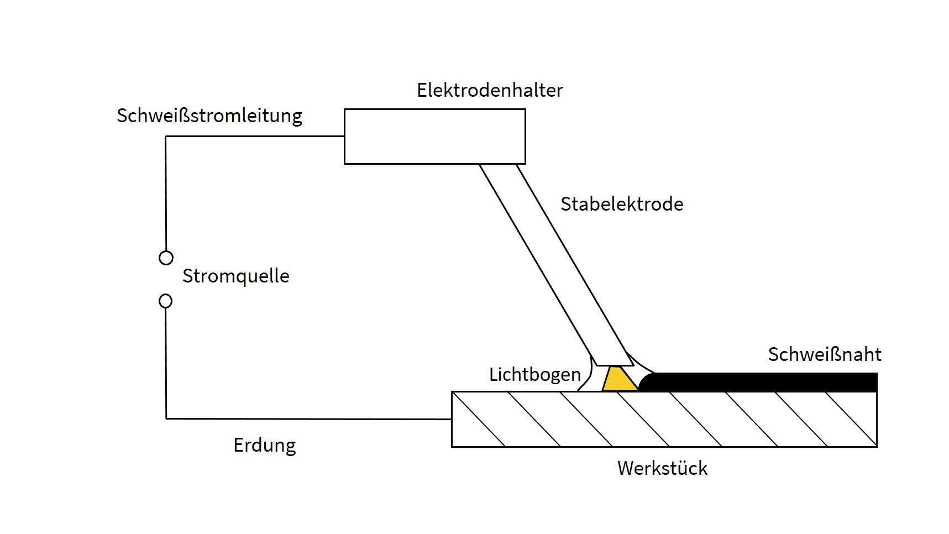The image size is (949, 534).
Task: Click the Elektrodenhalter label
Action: (490, 90)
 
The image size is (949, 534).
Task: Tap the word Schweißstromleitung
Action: (209, 116)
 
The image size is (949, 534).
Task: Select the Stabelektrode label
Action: (622, 204)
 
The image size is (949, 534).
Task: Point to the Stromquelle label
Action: (236, 276)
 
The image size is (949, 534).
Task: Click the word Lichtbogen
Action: (535, 375)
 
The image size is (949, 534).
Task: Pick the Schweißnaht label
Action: (825, 354)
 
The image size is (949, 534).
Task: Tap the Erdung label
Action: (265, 446)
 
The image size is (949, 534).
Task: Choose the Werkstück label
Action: (662, 468)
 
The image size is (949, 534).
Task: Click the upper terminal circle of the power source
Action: (166, 258)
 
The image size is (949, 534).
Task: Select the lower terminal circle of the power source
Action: (165, 301)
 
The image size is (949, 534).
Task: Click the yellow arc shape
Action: (620, 379)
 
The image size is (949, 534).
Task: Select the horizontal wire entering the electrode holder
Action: (255, 137)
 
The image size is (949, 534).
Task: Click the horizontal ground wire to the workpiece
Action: (308, 419)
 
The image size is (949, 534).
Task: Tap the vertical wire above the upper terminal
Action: (166, 193)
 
